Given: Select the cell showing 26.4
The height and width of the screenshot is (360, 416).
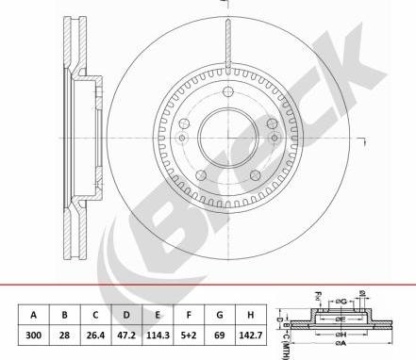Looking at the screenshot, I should pyautogui.click(x=95, y=334).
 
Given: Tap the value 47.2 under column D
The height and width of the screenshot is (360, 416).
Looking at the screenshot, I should pyautogui.click(x=126, y=334).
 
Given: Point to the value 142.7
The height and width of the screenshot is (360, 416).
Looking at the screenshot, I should pyautogui.click(x=250, y=334).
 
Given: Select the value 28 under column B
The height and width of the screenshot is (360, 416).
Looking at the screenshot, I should pyautogui.click(x=64, y=334).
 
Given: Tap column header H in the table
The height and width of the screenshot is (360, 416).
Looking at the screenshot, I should pyautogui.click(x=250, y=315).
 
